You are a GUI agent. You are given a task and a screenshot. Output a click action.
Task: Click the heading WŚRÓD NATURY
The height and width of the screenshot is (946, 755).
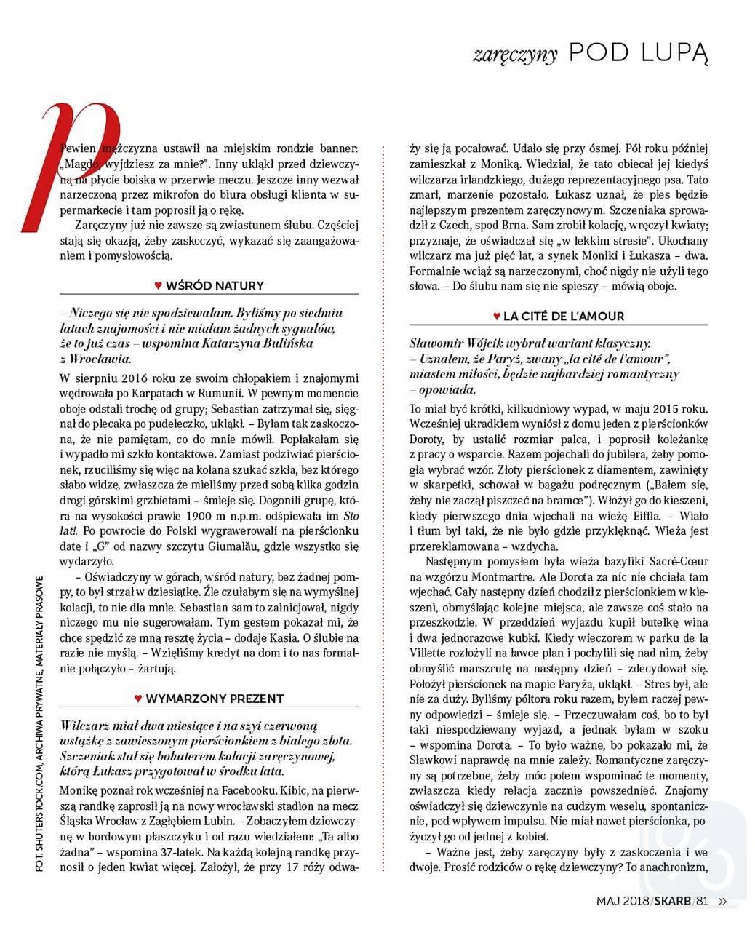(x=215, y=286)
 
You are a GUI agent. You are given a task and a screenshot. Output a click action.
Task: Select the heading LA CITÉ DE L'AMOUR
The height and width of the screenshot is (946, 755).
(x=564, y=317)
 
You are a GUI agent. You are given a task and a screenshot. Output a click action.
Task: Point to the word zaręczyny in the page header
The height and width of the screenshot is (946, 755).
(x=515, y=55)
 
